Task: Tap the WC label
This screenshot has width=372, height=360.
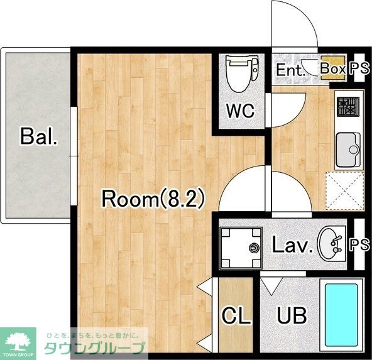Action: point(240,111)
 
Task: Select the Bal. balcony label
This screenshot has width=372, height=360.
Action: point(39,136)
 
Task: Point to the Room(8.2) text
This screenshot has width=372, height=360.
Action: point(153,198)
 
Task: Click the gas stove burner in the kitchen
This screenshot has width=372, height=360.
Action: point(348,106)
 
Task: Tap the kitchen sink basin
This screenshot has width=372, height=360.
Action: point(348,150)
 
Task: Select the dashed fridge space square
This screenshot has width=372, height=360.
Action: point(345,191)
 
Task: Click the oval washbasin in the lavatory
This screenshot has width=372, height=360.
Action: point(329,244)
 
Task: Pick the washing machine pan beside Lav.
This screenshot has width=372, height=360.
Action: point(241,248)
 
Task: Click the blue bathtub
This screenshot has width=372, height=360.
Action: point(341,315)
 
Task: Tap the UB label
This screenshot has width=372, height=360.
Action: point(292,315)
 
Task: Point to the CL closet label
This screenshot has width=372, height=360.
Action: point(236,315)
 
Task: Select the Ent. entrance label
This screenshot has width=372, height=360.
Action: point(290,70)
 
